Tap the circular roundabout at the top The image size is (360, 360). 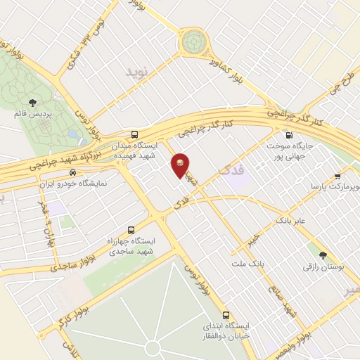click(x=192, y=41)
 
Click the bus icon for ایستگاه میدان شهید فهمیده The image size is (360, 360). click(x=134, y=134)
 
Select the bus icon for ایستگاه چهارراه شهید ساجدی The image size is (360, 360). click(x=131, y=230)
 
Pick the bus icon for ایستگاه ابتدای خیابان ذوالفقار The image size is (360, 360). click(x=226, y=315)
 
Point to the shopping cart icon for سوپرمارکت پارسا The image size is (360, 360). click(x=337, y=176)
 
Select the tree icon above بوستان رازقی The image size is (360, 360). click(x=323, y=256)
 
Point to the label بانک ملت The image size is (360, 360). click(x=247, y=264)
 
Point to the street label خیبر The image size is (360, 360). click(x=250, y=239)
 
